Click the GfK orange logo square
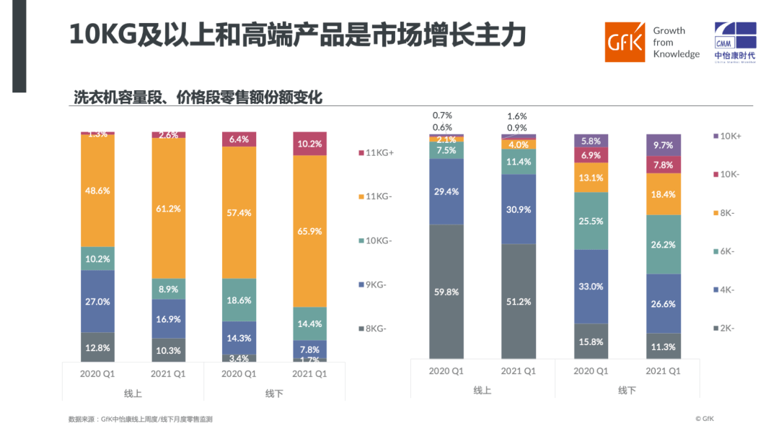coord(625,42)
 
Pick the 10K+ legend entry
coord(730,136)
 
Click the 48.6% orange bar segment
coord(97,191)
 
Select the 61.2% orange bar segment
coord(168,208)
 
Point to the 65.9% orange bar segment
coord(309,231)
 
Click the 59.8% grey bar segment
coord(446,292)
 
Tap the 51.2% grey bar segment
coord(519,301)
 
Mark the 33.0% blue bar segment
coord(591,286)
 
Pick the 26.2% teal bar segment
coord(663,245)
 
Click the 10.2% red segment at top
coord(309,144)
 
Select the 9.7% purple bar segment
coord(663,145)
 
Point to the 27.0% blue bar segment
coord(97,301)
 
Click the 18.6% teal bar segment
coord(239,300)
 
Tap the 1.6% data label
coord(516,116)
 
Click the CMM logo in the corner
coord(735,40)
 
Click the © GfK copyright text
coord(704,418)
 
